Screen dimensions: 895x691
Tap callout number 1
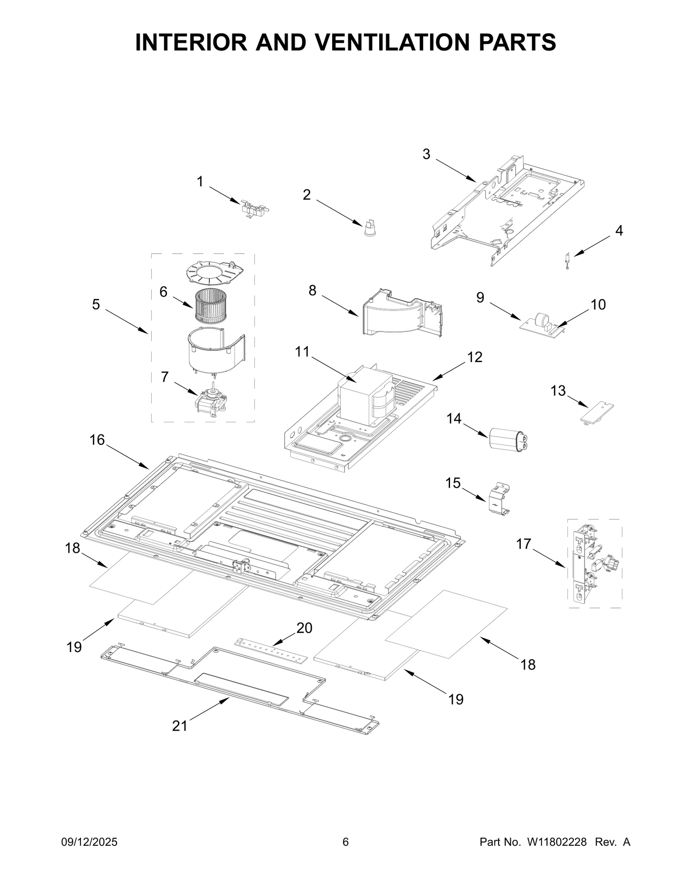coord(200,182)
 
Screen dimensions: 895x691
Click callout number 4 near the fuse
coord(619,231)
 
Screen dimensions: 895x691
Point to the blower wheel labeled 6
coord(211,306)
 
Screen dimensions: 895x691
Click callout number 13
coord(558,391)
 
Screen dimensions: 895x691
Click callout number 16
coord(97,440)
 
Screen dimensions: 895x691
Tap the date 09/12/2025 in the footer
coord(90,854)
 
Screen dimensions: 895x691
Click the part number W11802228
coord(556,854)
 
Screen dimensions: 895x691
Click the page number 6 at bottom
coord(345,854)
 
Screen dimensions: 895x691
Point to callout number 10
coord(598,305)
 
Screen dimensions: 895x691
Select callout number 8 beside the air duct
coord(313,290)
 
